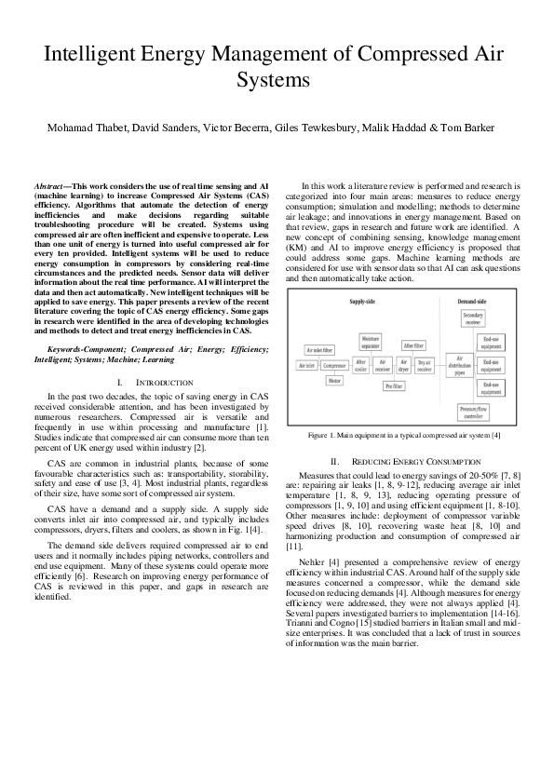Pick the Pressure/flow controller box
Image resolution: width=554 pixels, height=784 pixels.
click(x=475, y=411)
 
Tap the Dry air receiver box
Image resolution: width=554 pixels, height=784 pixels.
click(x=425, y=366)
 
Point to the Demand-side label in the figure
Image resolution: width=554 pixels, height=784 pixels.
click(x=475, y=303)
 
